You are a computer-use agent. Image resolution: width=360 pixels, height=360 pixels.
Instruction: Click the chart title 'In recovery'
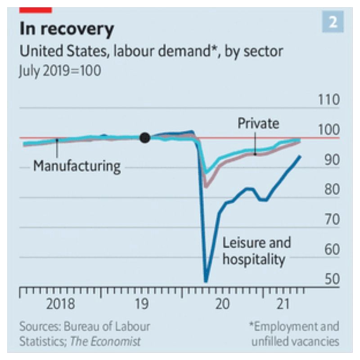tap(67, 29)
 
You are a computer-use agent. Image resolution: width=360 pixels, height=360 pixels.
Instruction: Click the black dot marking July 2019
tap(144, 138)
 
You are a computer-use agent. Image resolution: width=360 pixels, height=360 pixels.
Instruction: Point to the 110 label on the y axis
tap(328, 100)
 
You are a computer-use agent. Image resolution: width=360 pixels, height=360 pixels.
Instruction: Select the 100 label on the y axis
tap(328, 130)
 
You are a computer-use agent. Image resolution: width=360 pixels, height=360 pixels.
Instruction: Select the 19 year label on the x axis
tap(142, 304)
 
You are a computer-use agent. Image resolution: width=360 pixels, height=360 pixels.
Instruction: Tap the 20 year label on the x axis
tap(222, 304)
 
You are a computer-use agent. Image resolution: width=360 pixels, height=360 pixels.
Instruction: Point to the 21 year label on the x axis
tap(281, 304)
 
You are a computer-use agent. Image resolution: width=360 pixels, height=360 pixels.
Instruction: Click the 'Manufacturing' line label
tap(77, 166)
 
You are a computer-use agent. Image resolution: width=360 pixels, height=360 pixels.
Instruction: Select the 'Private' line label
tap(258, 123)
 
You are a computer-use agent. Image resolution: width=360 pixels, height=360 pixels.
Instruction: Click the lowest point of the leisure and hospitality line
tap(206, 281)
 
